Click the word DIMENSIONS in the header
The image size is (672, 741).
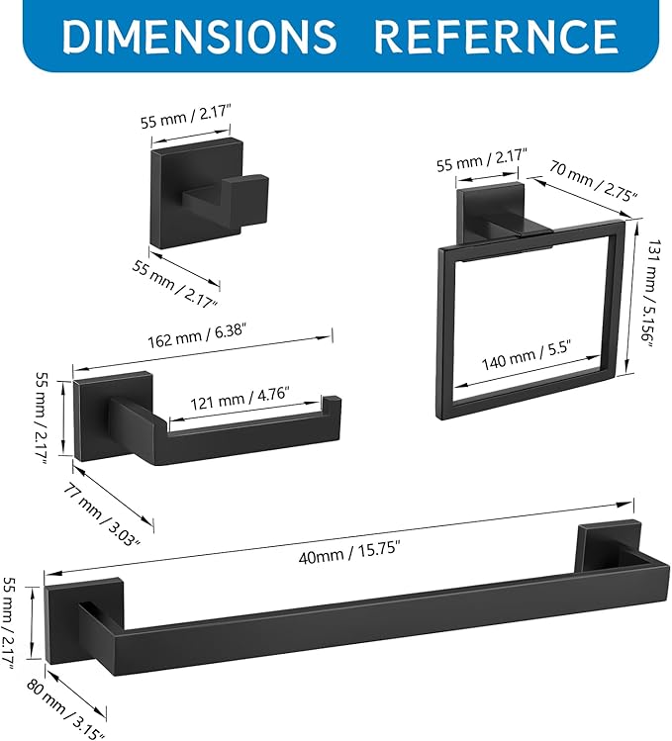[x=199, y=36]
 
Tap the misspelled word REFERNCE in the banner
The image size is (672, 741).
[x=496, y=36]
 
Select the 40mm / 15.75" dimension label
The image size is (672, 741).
[x=349, y=552]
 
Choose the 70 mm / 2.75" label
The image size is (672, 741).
[x=594, y=181]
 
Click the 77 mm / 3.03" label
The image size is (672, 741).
[x=102, y=514]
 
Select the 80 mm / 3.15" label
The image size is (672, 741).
[x=65, y=709]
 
